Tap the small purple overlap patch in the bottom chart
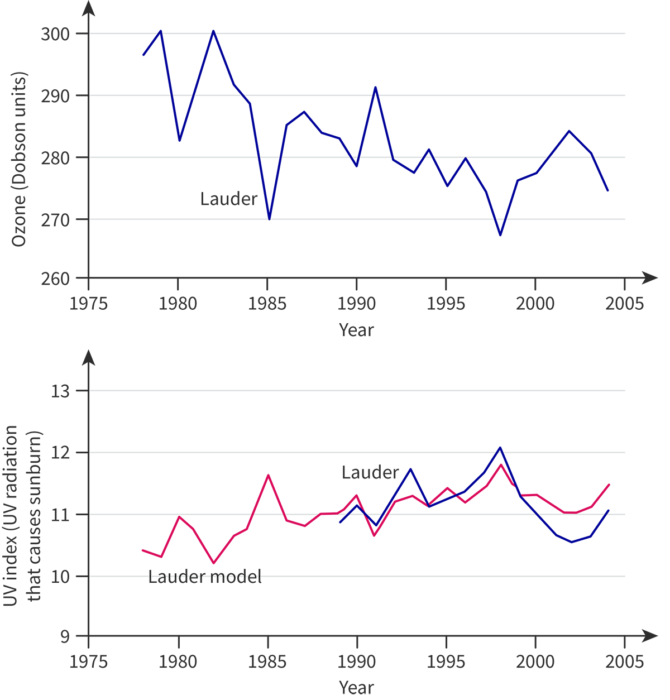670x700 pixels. click(511, 491)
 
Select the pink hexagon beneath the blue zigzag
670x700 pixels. click(374, 539)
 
